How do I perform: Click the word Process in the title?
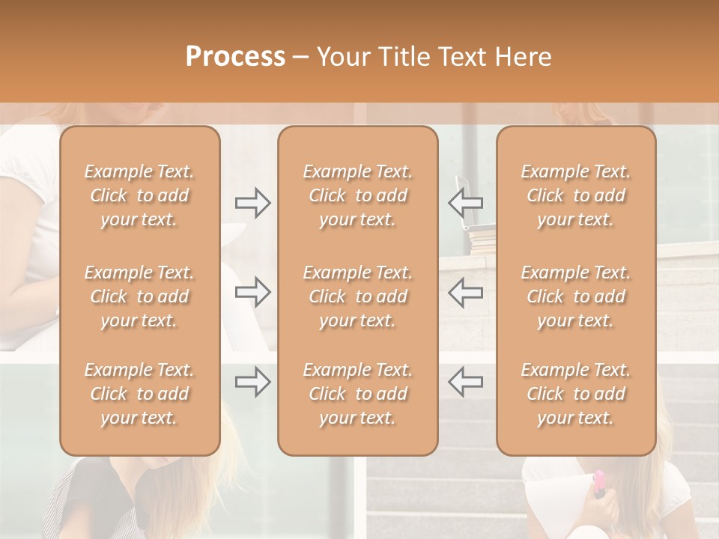point(235,57)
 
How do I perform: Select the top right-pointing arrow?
point(252,203)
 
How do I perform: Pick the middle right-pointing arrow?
point(252,292)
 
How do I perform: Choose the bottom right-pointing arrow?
point(252,381)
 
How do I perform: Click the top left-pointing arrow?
point(465,203)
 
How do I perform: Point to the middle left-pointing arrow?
point(465,292)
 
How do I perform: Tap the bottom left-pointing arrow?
point(465,381)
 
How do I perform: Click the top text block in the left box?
point(139,195)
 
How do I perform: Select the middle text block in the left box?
point(139,296)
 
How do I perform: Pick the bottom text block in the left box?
point(139,394)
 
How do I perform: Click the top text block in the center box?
point(358,195)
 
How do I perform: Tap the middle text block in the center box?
point(358,296)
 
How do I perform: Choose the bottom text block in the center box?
point(358,394)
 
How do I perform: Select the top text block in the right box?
point(576,195)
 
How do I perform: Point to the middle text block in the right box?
point(576,296)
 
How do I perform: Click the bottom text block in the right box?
point(576,394)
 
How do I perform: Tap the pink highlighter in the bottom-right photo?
point(599,482)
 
